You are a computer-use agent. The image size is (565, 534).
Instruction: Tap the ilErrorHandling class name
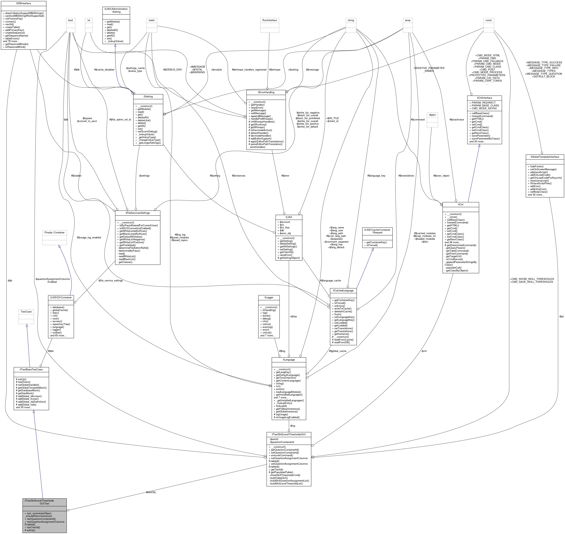[x=266, y=92]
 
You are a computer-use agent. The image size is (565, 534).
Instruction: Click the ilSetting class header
[x=148, y=96]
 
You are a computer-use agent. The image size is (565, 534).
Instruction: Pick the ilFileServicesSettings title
[x=138, y=213]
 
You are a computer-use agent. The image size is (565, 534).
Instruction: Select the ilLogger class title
[x=269, y=298]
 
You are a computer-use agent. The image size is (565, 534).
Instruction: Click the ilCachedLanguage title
[x=343, y=291]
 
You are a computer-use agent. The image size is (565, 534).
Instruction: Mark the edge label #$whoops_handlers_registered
[x=249, y=70]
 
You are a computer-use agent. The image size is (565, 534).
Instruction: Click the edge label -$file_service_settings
[x=110, y=281]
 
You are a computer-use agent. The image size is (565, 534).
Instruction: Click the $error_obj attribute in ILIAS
[x=285, y=233]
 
